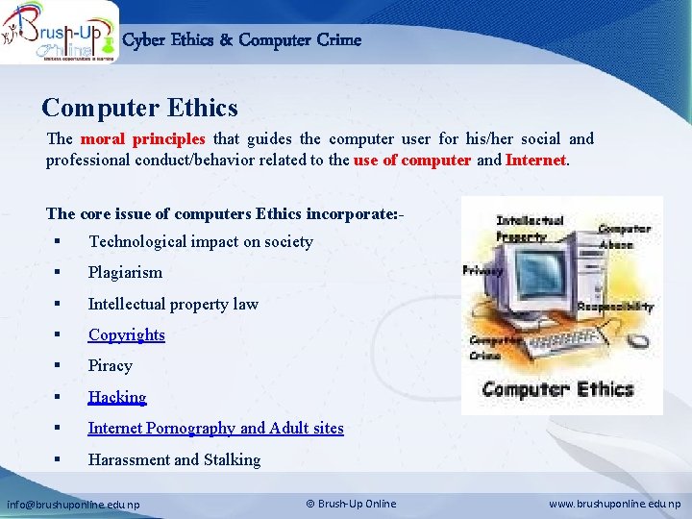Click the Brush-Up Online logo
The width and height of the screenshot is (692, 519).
click(x=60, y=32)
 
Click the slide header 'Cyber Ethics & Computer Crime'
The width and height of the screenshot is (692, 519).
click(x=242, y=40)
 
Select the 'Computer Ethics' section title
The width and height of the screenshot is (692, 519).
click(x=139, y=108)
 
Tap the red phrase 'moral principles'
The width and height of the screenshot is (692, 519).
click(x=143, y=138)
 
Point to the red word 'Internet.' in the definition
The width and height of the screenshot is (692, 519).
click(x=537, y=161)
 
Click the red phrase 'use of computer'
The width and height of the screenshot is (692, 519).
click(x=412, y=161)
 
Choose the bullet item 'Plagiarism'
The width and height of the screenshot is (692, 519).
click(x=125, y=273)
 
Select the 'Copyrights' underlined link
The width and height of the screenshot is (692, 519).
click(x=127, y=335)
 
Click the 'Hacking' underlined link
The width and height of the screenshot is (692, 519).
click(x=117, y=398)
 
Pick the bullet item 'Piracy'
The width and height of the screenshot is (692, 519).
click(x=111, y=366)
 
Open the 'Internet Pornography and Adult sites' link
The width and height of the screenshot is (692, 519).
click(x=215, y=429)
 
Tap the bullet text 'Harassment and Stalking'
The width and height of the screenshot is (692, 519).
click(x=174, y=460)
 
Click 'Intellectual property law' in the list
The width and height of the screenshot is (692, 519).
click(x=173, y=304)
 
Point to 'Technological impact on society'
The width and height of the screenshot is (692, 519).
click(x=200, y=242)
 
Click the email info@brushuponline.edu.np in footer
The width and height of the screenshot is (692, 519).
click(x=74, y=504)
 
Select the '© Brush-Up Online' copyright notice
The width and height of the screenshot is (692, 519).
click(x=351, y=504)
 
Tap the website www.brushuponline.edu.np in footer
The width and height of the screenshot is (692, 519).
click(x=615, y=504)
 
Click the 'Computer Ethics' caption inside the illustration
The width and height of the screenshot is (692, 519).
click(x=557, y=389)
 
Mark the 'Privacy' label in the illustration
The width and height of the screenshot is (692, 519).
click(x=482, y=271)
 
